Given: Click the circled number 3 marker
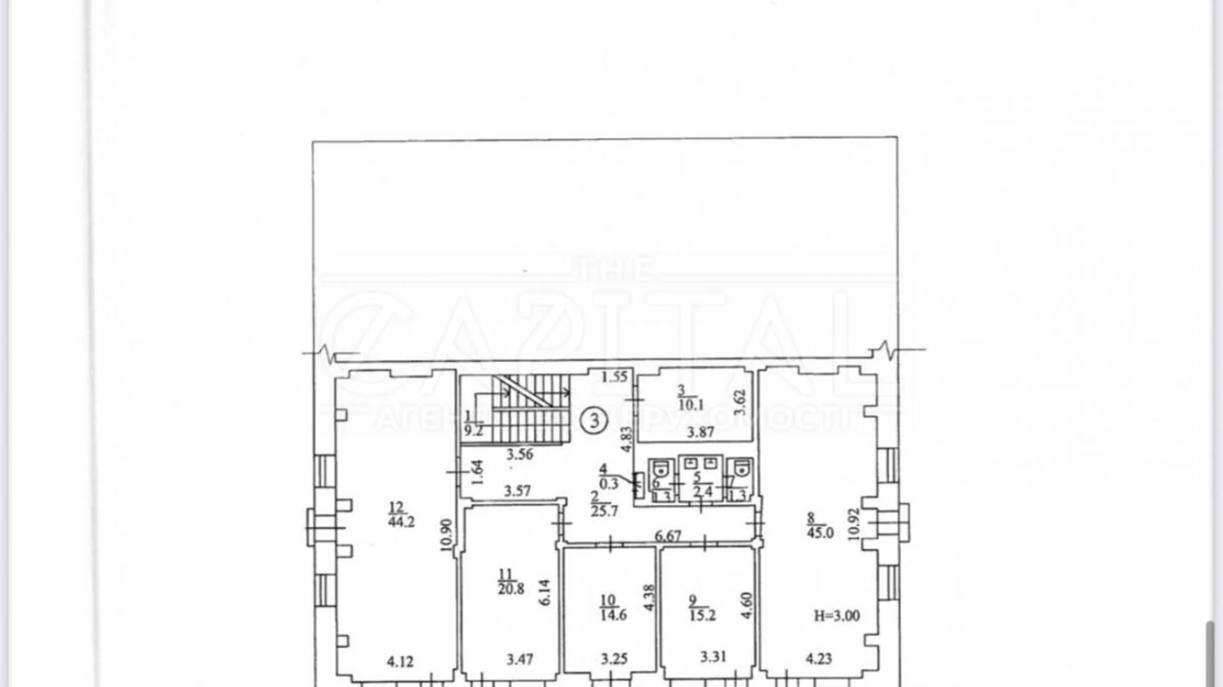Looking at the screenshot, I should [594, 420].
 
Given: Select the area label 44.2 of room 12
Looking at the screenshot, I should [401, 521].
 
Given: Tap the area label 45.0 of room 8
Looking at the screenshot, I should [820, 532].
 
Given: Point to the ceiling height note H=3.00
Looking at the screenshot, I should [836, 616].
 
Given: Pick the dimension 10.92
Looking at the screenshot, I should [854, 524].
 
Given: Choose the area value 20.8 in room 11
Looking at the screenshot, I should [511, 588].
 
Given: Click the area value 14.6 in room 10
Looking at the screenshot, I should [613, 615].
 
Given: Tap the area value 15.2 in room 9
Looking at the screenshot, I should [702, 616].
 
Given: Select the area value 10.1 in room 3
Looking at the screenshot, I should [691, 405].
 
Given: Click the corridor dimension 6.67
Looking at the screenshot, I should [668, 536].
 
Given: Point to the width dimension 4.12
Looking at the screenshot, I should [400, 661].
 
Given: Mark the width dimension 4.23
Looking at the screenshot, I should [818, 659].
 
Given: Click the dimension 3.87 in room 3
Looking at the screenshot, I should [700, 433].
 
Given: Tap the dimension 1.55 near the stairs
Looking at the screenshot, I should [614, 377].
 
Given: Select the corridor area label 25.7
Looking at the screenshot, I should [604, 511].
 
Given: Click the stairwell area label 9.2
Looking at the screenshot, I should [473, 431].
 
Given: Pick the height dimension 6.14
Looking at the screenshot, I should [545, 593].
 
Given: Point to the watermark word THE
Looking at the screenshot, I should [615, 270].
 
